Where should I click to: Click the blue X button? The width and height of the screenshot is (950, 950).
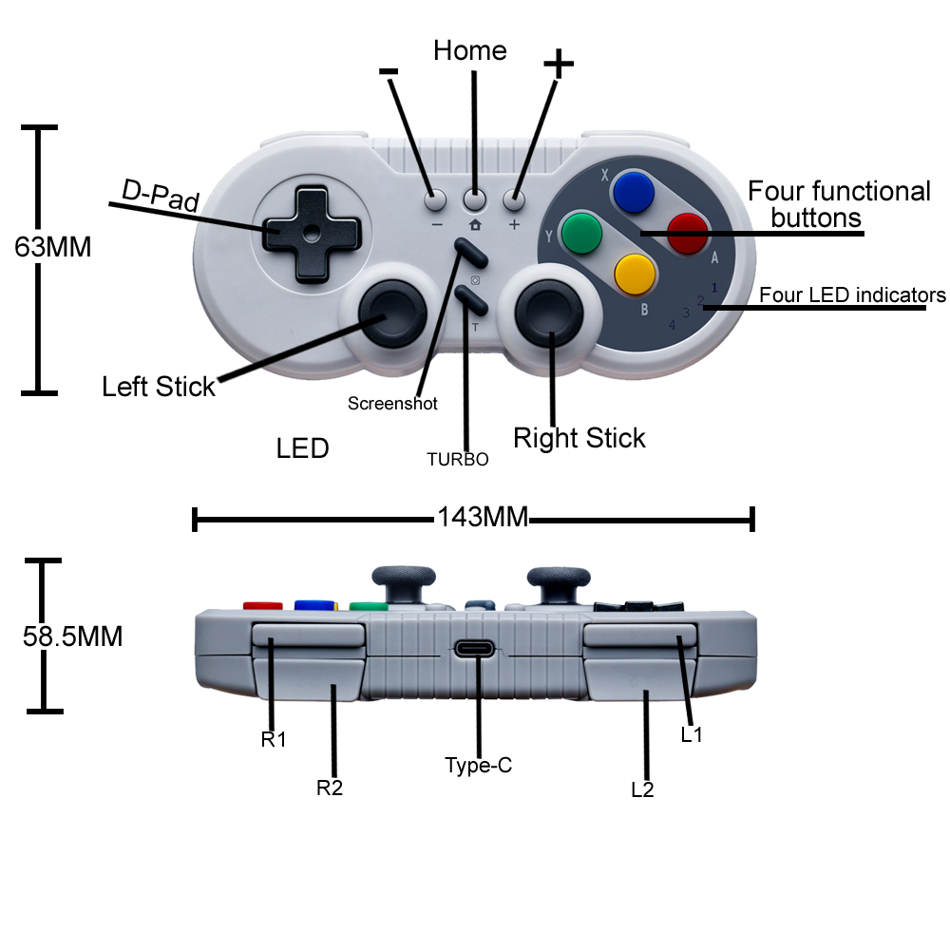(633, 193)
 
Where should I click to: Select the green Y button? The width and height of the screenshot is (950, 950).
(581, 233)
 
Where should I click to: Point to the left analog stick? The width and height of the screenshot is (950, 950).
(390, 308)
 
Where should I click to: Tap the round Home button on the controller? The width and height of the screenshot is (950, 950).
(474, 199)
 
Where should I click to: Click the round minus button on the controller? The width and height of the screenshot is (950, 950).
(435, 200)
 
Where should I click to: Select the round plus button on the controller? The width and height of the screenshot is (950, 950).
(514, 199)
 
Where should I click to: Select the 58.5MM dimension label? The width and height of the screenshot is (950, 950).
(72, 636)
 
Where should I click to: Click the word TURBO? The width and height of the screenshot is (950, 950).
(457, 460)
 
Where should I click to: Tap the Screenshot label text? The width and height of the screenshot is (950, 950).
(392, 404)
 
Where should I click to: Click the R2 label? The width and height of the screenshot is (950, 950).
(329, 788)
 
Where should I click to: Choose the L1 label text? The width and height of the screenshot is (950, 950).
(692, 734)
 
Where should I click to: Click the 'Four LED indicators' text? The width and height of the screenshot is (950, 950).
(852, 295)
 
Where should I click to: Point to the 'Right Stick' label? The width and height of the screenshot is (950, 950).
(579, 438)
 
